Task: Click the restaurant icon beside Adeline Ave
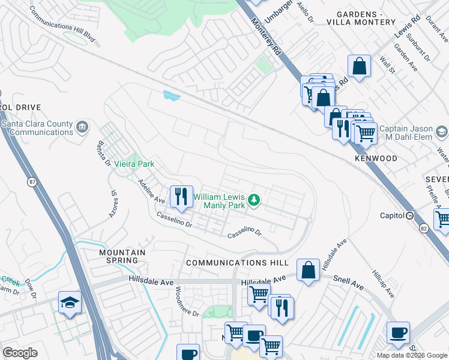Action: [181, 196]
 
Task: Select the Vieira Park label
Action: [134, 164]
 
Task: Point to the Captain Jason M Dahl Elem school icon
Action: [442, 131]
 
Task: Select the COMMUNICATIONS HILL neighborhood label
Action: [237, 263]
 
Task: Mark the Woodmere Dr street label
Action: [186, 301]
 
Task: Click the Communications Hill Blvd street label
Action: [62, 25]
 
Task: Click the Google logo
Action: [20, 353]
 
